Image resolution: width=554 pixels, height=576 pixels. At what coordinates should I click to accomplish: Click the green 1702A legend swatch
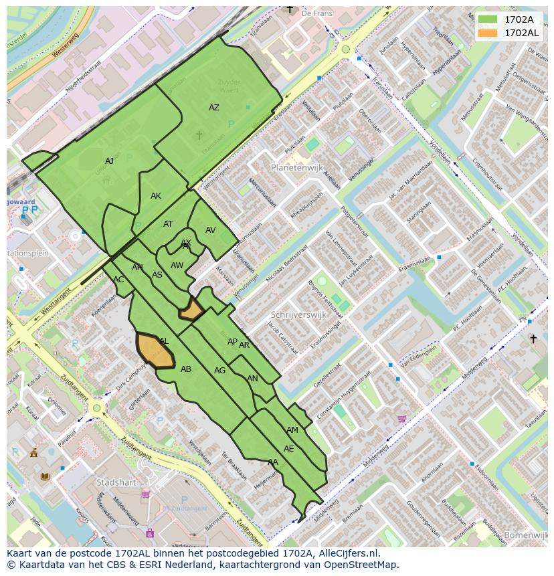click(488, 19)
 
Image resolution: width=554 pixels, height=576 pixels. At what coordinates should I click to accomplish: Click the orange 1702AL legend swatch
click(488, 33)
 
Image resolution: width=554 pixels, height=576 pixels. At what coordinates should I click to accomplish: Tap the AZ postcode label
click(213, 108)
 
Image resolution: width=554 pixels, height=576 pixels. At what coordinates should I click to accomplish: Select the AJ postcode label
click(109, 161)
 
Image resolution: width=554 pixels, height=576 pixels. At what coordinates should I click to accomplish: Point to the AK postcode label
click(156, 196)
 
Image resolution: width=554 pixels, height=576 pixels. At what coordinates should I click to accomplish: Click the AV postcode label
click(211, 230)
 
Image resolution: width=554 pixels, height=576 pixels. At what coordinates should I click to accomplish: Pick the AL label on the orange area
click(164, 341)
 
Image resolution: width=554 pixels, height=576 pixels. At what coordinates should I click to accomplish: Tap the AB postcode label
click(186, 369)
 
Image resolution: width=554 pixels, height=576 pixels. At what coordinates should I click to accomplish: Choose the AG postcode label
click(219, 371)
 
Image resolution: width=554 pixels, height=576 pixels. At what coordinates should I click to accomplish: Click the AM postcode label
click(292, 430)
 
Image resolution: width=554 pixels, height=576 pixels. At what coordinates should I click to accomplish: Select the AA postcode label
click(272, 462)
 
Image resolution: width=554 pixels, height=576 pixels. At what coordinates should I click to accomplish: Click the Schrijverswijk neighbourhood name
click(298, 314)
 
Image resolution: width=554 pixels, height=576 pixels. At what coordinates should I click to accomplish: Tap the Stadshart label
click(116, 482)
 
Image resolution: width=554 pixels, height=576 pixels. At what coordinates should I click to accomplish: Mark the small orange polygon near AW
click(192, 310)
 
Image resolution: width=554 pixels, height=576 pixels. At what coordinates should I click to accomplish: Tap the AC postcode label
click(118, 280)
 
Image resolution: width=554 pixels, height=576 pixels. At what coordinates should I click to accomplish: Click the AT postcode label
click(168, 224)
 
